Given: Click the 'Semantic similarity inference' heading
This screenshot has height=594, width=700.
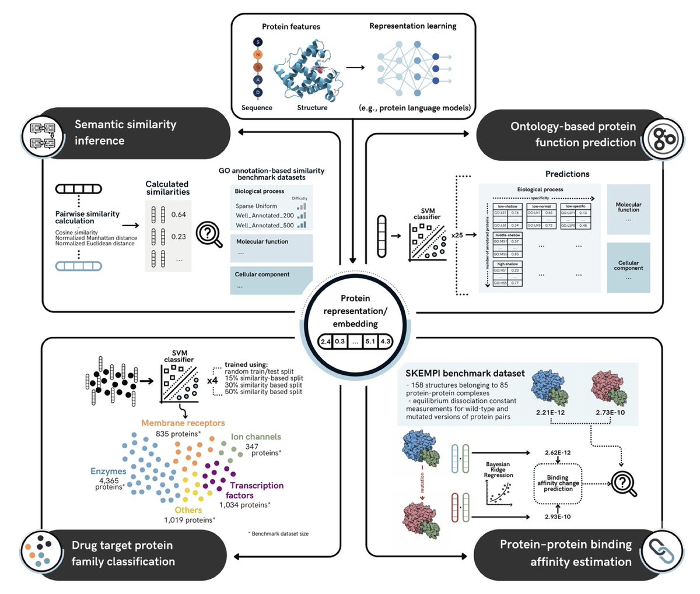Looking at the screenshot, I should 125,132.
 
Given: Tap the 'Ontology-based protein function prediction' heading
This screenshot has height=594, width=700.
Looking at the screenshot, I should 573,134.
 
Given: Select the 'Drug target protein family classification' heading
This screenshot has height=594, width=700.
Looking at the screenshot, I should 123,553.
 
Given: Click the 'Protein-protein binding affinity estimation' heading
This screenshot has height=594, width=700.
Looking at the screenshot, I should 565,553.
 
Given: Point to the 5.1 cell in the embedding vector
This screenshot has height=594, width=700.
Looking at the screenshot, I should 369,342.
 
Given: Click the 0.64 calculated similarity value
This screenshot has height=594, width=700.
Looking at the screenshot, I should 178,215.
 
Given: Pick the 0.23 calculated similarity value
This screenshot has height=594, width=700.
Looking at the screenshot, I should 178,237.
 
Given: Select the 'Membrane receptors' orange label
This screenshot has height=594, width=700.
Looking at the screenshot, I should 183,423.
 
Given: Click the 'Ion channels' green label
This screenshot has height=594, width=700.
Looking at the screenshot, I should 256,437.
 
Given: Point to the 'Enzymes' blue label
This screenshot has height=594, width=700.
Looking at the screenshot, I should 108,471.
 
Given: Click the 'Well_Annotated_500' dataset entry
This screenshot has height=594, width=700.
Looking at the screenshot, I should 264,225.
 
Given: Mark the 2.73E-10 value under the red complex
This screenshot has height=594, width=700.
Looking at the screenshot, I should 610,412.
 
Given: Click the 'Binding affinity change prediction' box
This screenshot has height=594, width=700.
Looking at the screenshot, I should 558,483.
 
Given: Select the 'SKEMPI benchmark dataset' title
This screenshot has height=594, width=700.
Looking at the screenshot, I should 465,373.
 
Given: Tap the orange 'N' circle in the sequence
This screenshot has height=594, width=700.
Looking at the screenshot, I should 258,55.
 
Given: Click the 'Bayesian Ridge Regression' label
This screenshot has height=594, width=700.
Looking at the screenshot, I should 499,470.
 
